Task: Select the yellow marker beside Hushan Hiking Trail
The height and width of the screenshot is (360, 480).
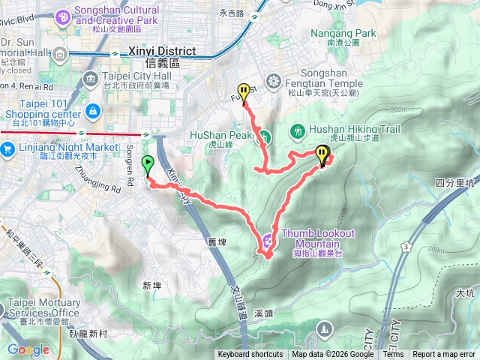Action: (322, 154)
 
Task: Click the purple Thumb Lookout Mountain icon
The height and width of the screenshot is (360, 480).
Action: (268, 240)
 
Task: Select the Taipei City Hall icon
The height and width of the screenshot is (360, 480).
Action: (90, 79)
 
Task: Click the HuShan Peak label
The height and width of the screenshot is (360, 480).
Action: (220, 134)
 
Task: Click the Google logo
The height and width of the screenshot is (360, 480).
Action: (28, 350)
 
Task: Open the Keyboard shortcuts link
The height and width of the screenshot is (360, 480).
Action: (250, 355)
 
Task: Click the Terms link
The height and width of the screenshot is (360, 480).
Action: (393, 355)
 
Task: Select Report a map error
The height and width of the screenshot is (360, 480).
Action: (444, 355)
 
